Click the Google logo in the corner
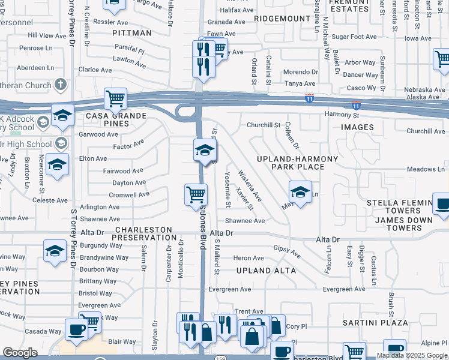(20, 353)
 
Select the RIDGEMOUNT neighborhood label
(282, 19)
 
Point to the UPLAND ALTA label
(266, 271)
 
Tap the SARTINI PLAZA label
(367, 322)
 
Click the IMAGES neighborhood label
(357, 127)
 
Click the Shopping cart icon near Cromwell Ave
(196, 195)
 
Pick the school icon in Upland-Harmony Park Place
(300, 192)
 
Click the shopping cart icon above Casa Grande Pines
(115, 98)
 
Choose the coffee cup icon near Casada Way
(76, 330)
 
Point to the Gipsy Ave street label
(287, 251)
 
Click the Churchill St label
(264, 125)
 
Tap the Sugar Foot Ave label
(354, 37)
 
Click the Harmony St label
(342, 115)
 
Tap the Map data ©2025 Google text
(411, 355)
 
